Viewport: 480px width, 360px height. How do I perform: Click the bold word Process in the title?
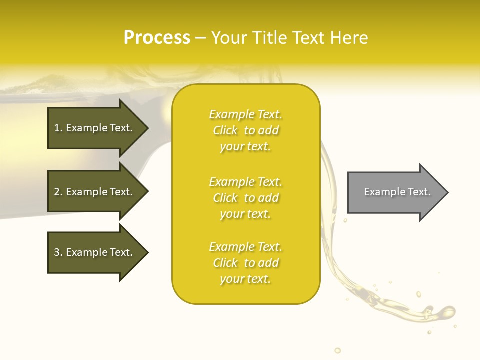[157, 38]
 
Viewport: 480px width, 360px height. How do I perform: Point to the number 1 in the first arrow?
[57, 128]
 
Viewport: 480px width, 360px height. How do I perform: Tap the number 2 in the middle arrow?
[57, 192]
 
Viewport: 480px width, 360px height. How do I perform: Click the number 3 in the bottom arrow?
[57, 252]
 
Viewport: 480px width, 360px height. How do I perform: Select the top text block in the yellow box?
[245, 130]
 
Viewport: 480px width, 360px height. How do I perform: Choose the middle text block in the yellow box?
[245, 198]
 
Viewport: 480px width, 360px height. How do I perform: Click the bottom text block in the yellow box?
[245, 263]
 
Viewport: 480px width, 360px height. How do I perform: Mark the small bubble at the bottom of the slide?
[337, 350]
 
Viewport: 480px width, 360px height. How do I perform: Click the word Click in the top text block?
[225, 130]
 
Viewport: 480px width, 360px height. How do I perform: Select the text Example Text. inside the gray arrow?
[397, 192]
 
